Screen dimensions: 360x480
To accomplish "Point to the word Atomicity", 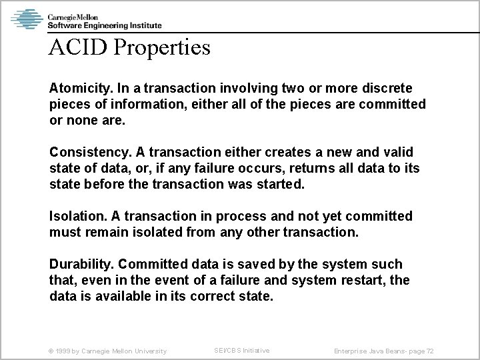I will pyautogui.click(x=79, y=89).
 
